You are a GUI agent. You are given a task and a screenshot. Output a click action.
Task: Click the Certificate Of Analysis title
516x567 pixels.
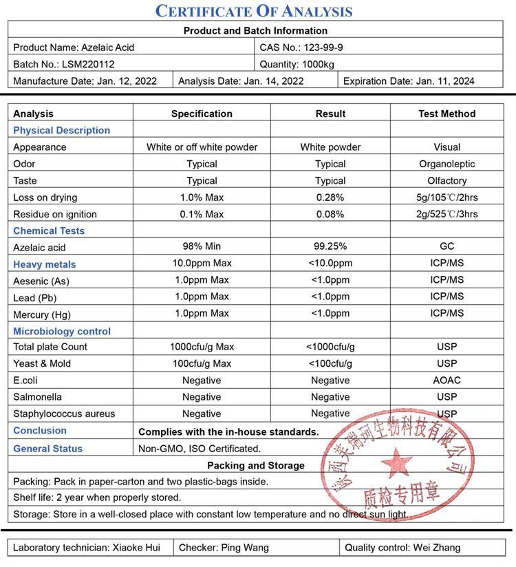tap(254, 11)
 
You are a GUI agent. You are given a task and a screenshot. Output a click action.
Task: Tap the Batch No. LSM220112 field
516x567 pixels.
tap(64, 64)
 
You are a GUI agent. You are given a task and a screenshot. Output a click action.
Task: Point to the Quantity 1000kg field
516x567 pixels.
tap(297, 64)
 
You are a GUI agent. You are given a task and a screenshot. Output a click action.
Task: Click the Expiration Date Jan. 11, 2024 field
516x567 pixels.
tap(409, 81)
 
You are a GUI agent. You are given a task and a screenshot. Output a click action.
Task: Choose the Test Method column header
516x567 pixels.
tap(447, 114)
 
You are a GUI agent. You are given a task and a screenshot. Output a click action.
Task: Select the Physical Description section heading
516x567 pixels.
tap(61, 130)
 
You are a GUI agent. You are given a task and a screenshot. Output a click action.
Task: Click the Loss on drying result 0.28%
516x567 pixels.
tap(330, 197)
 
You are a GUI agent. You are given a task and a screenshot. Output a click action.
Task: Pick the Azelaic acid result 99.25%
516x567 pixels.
tap(330, 246)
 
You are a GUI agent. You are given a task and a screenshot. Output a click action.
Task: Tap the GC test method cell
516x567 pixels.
tap(447, 246)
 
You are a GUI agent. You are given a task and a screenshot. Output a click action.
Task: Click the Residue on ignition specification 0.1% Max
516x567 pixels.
tap(202, 214)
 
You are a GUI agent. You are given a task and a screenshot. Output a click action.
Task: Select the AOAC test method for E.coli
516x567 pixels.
tap(447, 380)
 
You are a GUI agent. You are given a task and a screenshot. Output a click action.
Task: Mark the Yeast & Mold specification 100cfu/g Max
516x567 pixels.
tap(202, 363)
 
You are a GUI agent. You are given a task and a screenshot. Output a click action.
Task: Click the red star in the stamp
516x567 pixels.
tap(398, 461)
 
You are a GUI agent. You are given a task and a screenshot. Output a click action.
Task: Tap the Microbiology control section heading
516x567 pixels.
tap(62, 331)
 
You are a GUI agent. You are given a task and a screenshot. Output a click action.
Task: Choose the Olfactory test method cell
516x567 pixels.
tap(447, 180)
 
